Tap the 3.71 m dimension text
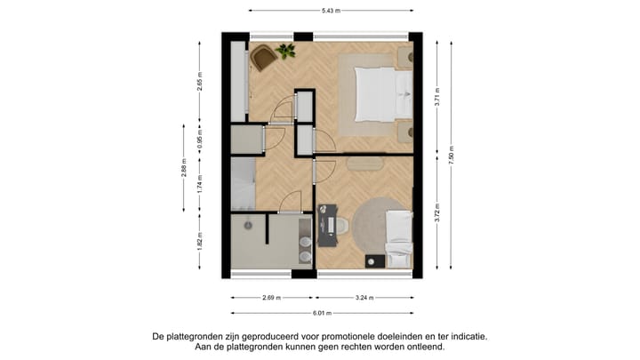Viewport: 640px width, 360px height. [x=437, y=100]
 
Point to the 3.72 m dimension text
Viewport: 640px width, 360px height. [x=437, y=214]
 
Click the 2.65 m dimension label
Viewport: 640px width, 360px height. [x=200, y=84]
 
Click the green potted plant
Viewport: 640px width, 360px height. [x=286, y=51]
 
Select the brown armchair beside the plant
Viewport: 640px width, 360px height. [x=263, y=59]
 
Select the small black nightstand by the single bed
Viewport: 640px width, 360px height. [x=372, y=260]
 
